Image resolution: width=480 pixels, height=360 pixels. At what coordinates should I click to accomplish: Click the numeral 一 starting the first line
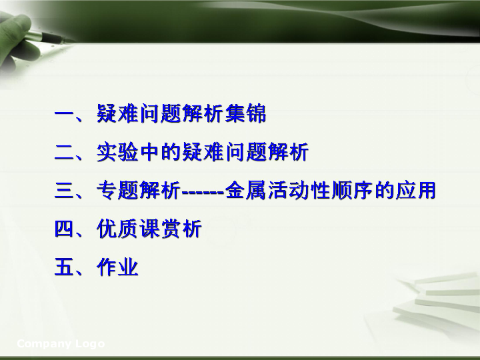pyautogui.click(x=64, y=113)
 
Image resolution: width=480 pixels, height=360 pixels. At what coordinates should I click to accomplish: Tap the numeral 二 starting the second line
pyautogui.click(x=64, y=152)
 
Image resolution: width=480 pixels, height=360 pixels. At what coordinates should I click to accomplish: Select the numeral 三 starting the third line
pyautogui.click(x=64, y=191)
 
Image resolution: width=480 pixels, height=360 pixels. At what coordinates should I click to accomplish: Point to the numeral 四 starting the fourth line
pyautogui.click(x=64, y=229)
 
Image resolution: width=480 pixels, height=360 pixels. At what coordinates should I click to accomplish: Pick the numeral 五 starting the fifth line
pyautogui.click(x=64, y=267)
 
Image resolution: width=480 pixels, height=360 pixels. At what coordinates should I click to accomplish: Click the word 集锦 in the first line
pyautogui.click(x=245, y=113)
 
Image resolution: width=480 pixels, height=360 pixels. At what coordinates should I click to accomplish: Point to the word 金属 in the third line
pyautogui.click(x=245, y=191)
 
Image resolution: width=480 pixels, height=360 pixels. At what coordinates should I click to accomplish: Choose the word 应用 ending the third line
pyautogui.click(x=416, y=191)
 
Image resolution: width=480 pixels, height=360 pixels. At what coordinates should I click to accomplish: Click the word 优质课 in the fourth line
pyautogui.click(x=127, y=229)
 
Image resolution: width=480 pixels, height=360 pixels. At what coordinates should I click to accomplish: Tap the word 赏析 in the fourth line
pyautogui.click(x=181, y=229)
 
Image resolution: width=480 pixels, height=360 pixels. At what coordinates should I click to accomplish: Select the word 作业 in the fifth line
pyautogui.click(x=117, y=267)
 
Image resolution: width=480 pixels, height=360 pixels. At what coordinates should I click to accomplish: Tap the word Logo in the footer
pyautogui.click(x=90, y=344)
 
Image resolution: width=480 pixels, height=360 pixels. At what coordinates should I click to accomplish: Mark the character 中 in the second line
pyautogui.click(x=149, y=152)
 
